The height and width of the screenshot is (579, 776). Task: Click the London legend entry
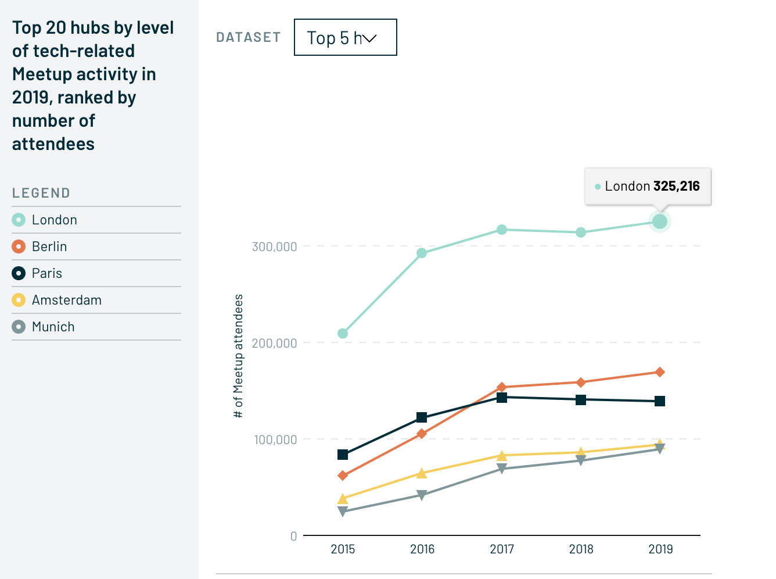tap(54, 220)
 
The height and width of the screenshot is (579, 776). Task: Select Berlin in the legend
tap(49, 246)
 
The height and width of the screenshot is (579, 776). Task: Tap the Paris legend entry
tap(46, 273)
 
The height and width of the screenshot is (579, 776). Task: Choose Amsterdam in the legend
tap(66, 300)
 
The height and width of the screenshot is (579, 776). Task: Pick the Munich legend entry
tap(53, 327)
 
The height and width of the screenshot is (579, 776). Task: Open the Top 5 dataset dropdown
tap(345, 37)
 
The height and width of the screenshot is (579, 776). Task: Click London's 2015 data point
tap(343, 334)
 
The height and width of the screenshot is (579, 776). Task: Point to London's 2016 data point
tap(422, 253)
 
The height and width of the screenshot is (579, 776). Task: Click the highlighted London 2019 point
tap(660, 221)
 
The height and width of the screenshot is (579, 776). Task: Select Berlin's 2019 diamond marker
tap(660, 372)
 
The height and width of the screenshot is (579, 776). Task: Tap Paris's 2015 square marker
tap(343, 455)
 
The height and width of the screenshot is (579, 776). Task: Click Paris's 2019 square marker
tap(660, 401)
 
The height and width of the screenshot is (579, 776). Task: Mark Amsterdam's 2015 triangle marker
tap(343, 499)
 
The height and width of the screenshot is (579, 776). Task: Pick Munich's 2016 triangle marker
tap(422, 495)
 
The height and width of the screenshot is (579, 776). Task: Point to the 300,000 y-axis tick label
tap(274, 246)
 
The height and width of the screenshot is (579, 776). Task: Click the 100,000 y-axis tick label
tap(275, 439)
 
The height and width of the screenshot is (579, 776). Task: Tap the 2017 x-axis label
tap(502, 549)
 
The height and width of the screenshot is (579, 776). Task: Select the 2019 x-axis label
tap(660, 549)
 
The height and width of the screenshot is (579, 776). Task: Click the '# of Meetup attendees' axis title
tap(238, 356)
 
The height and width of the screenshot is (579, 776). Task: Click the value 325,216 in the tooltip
tap(677, 186)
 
